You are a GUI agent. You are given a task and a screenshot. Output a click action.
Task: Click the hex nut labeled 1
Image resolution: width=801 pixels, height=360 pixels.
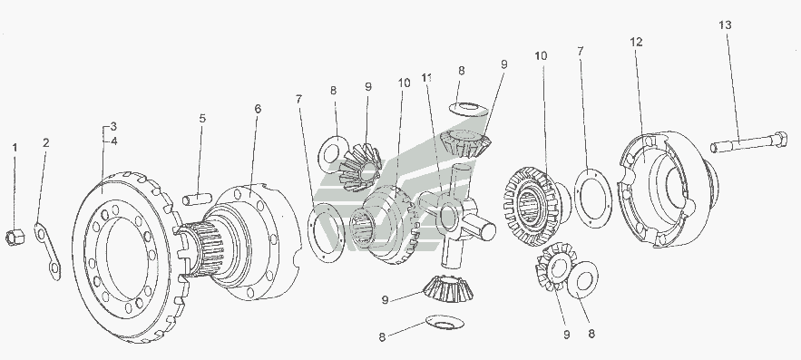click(x=15, y=238)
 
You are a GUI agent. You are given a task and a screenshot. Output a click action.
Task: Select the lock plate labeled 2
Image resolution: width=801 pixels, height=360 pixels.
click(x=47, y=251)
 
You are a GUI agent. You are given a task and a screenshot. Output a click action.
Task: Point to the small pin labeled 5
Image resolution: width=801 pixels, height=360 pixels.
click(x=197, y=199)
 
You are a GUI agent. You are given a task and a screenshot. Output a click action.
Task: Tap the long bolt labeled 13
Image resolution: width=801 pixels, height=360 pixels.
click(x=749, y=141)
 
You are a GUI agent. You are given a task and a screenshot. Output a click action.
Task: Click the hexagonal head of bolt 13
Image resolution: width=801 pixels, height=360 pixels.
click(x=779, y=139)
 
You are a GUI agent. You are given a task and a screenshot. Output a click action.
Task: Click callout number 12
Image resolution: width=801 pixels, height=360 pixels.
click(x=636, y=43)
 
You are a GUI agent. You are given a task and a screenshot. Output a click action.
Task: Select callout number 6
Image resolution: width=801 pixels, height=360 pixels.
click(x=258, y=109)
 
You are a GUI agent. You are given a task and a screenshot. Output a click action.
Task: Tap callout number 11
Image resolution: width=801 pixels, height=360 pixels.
click(x=427, y=78)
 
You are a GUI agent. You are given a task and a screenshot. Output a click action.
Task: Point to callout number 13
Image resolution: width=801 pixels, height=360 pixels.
click(x=726, y=25)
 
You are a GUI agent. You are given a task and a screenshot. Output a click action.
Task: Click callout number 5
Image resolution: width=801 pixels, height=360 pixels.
click(x=202, y=119)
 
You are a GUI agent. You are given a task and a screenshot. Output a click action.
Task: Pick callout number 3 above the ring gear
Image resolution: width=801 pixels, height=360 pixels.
click(x=113, y=126)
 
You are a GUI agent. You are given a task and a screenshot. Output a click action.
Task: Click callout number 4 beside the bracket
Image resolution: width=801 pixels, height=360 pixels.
click(x=113, y=141)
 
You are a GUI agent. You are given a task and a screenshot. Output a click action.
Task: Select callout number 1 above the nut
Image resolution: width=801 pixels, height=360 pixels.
click(x=15, y=148)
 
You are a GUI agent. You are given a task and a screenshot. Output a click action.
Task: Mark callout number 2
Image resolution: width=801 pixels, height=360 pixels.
click(x=46, y=143)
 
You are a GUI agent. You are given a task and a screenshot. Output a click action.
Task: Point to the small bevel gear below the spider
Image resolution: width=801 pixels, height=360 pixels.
click(x=448, y=288)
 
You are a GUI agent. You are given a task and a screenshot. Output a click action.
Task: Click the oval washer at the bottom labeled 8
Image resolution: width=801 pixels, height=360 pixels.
click(x=444, y=322)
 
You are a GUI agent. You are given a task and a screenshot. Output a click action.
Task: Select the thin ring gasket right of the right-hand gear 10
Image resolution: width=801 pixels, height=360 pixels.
click(x=593, y=198)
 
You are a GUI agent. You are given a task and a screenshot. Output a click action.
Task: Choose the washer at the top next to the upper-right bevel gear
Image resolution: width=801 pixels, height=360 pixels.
click(x=468, y=109)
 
